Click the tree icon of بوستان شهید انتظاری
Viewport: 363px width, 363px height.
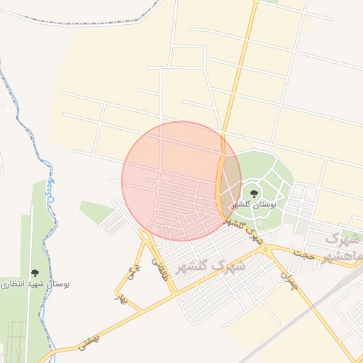(x=34, y=273)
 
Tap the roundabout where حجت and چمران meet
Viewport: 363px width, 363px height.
(x=266, y=248)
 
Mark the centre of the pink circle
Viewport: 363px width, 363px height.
(x=181, y=181)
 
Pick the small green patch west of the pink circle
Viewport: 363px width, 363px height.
(x=96, y=211)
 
